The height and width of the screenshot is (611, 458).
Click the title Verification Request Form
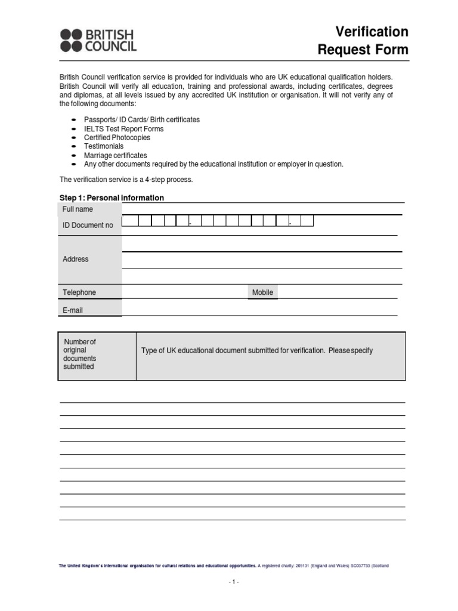click(363, 41)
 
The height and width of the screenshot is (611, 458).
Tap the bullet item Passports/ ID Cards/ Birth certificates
click(142, 120)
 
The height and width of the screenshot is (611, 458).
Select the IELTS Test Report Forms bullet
click(123, 129)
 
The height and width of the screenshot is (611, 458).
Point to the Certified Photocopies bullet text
click(117, 138)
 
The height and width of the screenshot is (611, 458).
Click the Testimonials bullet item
click(104, 146)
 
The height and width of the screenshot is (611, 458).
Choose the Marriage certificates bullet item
click(115, 155)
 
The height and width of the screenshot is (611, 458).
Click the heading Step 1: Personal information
click(112, 198)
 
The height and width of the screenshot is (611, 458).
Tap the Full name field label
click(78, 209)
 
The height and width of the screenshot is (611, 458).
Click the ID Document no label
click(88, 226)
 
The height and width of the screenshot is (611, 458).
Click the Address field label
click(75, 259)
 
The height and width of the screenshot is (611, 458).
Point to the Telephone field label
click(79, 292)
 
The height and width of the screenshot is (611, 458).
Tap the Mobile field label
click(262, 292)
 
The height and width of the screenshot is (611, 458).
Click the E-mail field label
click(73, 310)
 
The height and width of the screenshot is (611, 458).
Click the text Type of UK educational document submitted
click(256, 351)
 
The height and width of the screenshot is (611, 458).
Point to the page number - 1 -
click(233, 582)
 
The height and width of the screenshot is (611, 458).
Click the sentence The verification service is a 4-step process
click(126, 180)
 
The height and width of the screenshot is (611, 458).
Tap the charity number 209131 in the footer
click(304, 565)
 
